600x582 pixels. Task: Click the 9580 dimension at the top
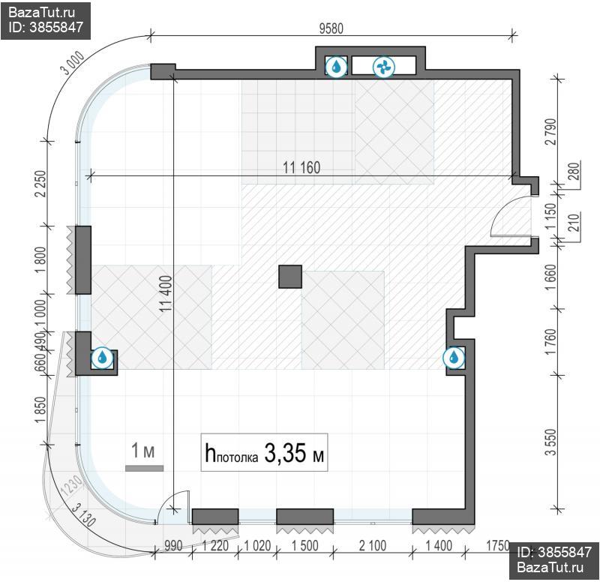point(331,28)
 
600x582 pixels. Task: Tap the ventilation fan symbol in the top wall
point(383,67)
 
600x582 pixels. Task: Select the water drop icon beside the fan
point(336,67)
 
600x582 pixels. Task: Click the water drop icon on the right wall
point(454,358)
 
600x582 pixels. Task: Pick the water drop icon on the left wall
point(102,358)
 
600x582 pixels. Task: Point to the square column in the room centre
point(290,276)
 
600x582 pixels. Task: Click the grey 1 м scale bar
point(144,468)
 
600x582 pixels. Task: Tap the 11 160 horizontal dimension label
point(301,167)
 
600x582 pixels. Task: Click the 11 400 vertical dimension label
point(166,293)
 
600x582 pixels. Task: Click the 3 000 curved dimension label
point(73,63)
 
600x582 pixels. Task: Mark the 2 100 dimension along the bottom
point(373,546)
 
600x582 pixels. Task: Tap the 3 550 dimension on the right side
point(550,442)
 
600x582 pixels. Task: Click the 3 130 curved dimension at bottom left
point(84,515)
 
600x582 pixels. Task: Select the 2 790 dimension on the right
point(550,131)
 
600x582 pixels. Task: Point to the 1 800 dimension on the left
point(40,260)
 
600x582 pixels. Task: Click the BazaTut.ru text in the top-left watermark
point(41,12)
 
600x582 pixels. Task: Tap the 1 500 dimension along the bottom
point(305,546)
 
